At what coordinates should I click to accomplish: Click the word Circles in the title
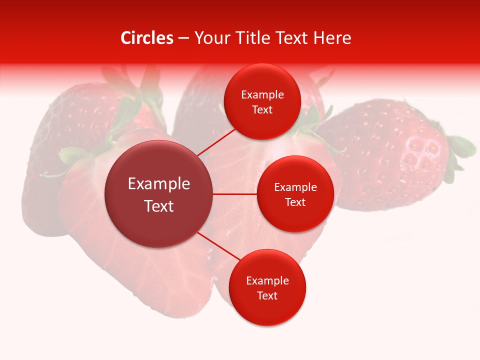click(x=146, y=38)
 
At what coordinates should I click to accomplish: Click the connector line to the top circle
click(x=217, y=142)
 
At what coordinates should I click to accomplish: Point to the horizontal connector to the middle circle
click(x=234, y=194)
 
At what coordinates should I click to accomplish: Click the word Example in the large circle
click(x=158, y=184)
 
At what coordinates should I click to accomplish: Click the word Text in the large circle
click(x=158, y=206)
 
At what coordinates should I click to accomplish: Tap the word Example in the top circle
click(x=262, y=95)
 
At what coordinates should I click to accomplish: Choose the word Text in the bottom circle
click(x=267, y=295)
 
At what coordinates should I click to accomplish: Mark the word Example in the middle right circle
click(x=295, y=187)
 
